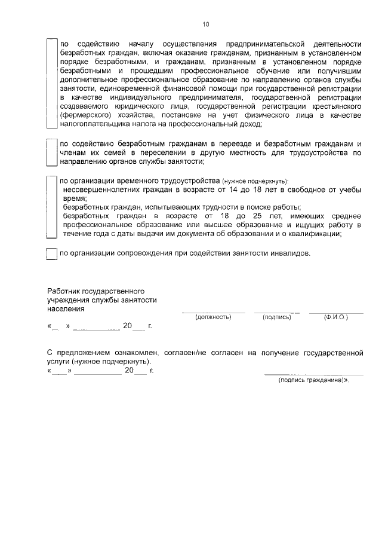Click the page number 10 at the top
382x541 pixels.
[x=206, y=25]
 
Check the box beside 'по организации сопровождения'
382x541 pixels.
[x=52, y=253]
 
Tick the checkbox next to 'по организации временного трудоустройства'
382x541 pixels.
[x=52, y=207]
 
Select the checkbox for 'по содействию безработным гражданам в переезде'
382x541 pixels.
[x=52, y=153]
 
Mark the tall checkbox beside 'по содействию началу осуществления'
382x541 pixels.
[x=52, y=84]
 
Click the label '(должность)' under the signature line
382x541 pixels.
[x=213, y=317]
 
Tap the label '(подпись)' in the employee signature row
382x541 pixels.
[x=276, y=317]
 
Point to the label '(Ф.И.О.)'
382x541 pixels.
[x=336, y=317]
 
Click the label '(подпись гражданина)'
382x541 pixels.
[x=313, y=380]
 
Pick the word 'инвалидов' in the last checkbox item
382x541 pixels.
[x=292, y=253]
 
